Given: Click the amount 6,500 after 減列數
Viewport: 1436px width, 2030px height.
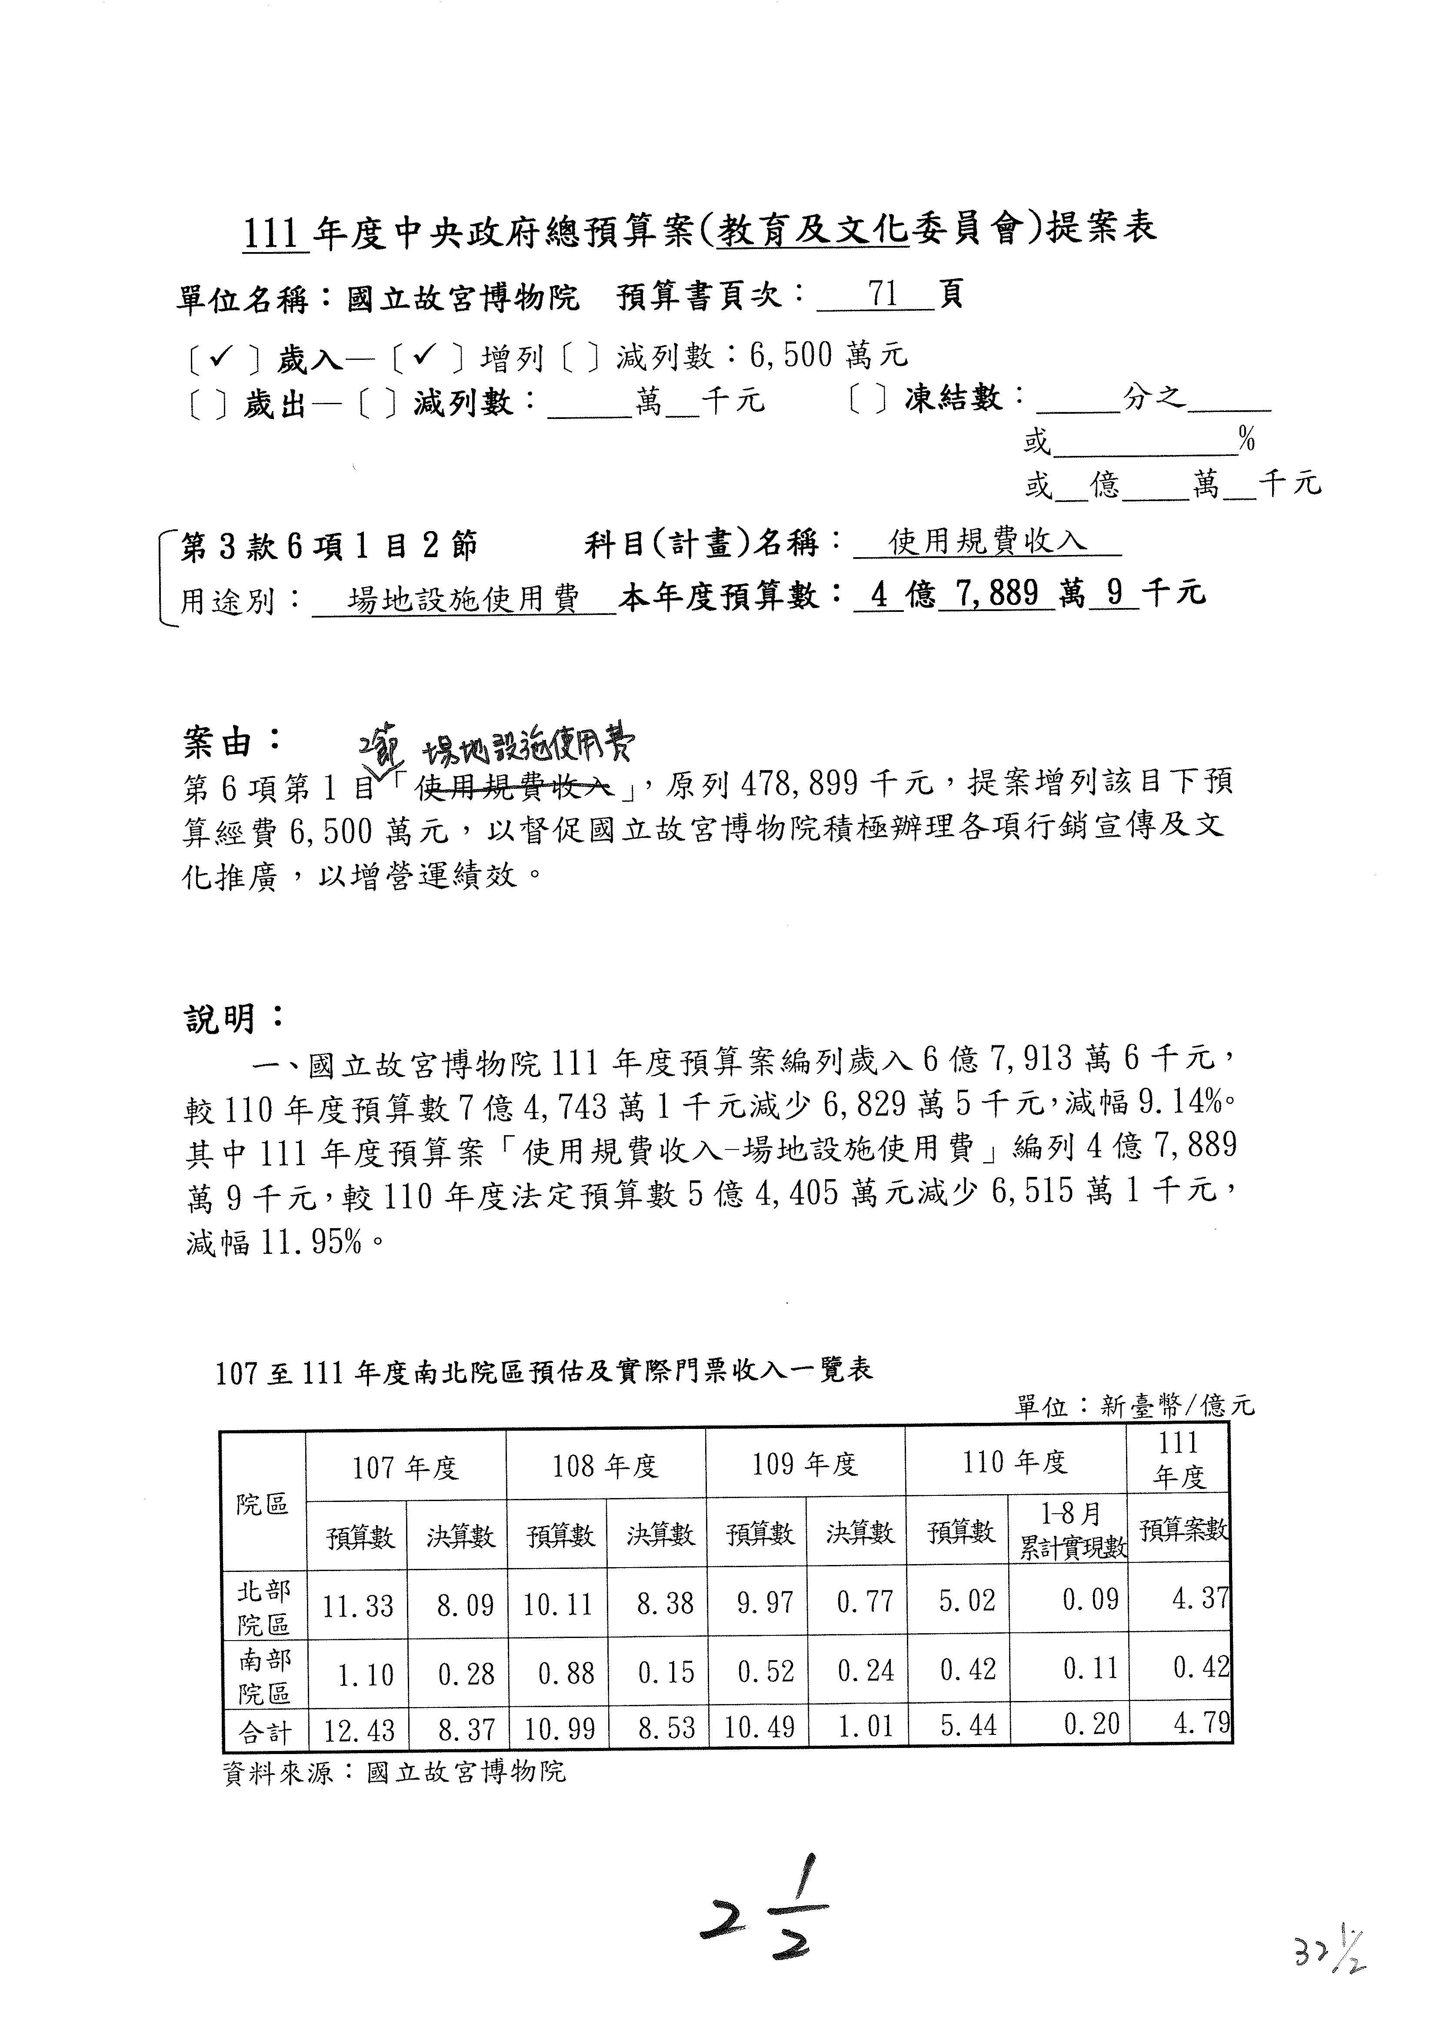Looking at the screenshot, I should pyautogui.click(x=790, y=355).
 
